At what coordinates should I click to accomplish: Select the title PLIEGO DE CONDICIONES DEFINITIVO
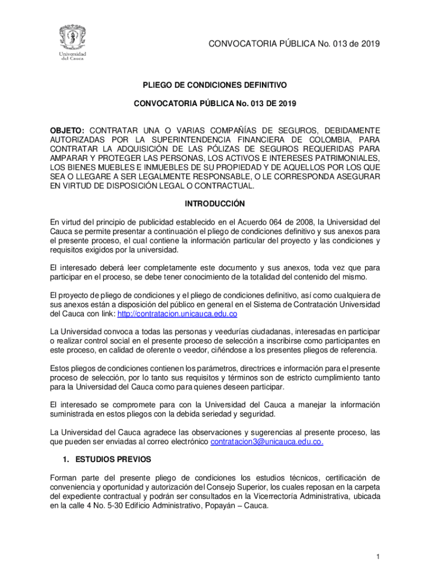coord(215,85)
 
